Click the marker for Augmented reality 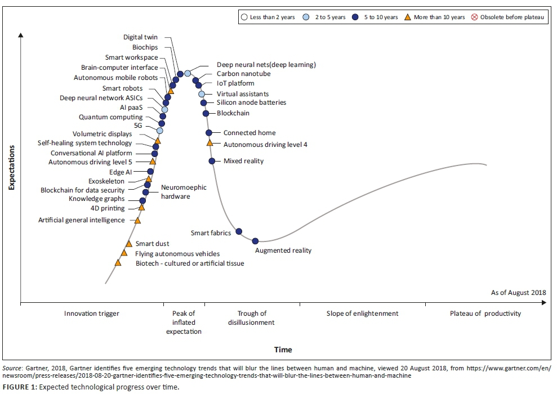pos(255,241)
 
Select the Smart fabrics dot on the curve pos(239,231)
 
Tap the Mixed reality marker pos(212,161)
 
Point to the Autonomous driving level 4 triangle pos(210,143)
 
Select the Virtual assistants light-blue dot pos(202,93)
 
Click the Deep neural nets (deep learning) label pos(266,65)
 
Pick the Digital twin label pos(141,37)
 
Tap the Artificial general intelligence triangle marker pos(137,220)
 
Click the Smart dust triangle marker pos(129,244)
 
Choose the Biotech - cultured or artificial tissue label pos(190,263)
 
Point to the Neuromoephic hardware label pos(184,192)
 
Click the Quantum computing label pos(110,117)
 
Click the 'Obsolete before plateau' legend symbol pos(474,17)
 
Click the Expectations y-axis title pos(11,168)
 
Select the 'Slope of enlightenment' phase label pos(362,314)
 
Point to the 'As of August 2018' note pos(518,293)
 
